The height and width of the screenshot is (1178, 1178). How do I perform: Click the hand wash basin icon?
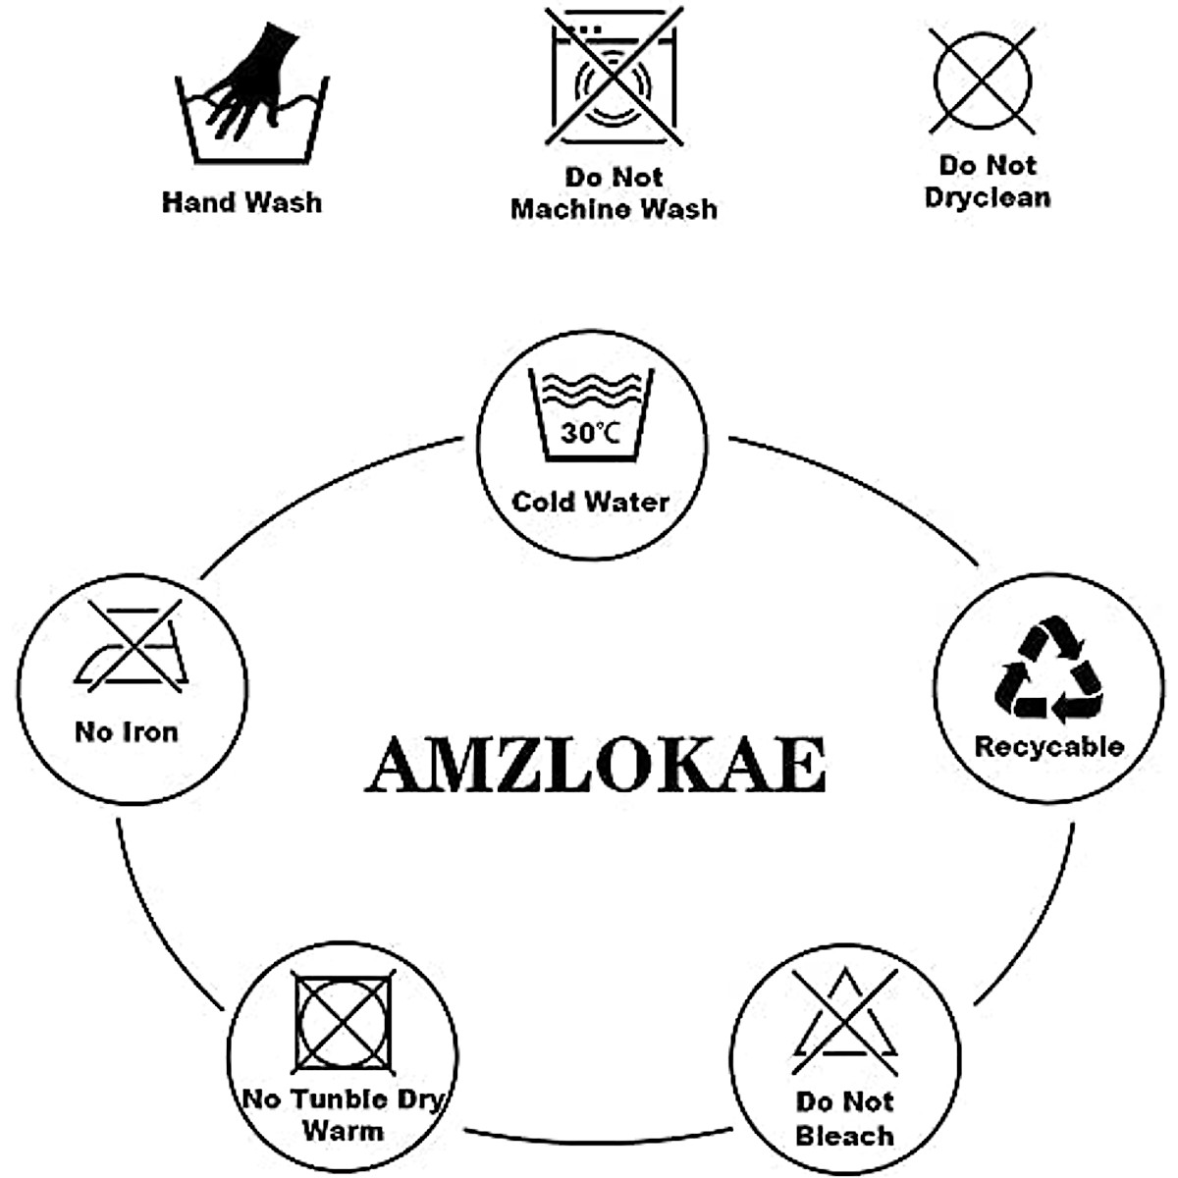point(249,123)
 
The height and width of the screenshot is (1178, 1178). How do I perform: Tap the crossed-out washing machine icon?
point(614,79)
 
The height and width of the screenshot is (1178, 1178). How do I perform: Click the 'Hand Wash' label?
point(241,202)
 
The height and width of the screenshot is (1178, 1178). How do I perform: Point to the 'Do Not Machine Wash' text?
point(614,193)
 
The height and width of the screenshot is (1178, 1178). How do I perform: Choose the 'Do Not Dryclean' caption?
point(988,182)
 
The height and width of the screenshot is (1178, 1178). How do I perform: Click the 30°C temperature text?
point(590,432)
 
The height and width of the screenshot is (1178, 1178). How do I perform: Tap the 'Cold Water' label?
point(590,502)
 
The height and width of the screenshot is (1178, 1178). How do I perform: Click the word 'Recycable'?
point(1048,746)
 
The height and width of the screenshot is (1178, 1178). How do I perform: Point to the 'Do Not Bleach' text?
point(844,1119)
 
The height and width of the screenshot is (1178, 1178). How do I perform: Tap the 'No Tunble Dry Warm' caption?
point(343,1113)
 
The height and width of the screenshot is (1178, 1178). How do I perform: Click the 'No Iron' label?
point(127,731)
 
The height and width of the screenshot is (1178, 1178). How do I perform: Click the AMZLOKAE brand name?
point(595,765)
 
